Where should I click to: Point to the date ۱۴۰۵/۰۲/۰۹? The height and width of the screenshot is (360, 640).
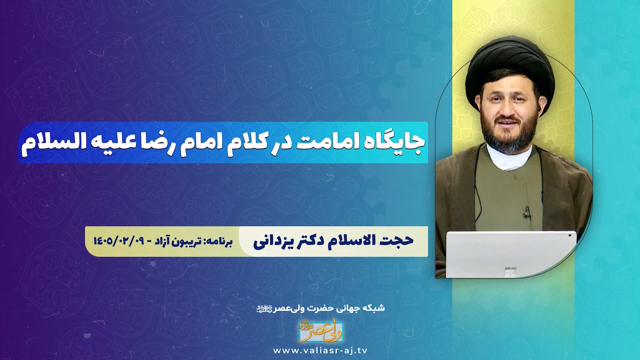118,241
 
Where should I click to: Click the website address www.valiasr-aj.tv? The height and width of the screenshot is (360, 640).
320,351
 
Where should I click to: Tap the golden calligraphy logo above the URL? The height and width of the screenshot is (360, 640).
320,332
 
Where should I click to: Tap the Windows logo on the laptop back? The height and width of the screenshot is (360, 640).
510,272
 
